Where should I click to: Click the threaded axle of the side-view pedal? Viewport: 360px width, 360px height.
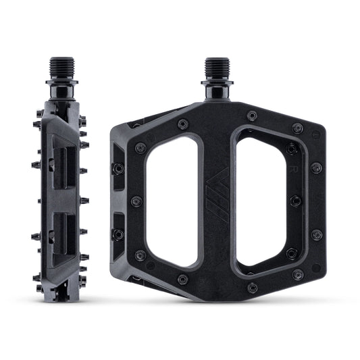(x=59, y=68)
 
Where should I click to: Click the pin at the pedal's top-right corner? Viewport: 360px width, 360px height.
(x=298, y=127)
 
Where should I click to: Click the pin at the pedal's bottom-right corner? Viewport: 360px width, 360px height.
(x=298, y=275)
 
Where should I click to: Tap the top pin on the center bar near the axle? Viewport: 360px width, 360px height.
(x=251, y=115)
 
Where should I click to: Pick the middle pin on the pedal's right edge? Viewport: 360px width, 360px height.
(x=315, y=201)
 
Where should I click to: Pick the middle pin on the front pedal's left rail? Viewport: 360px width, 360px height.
(x=136, y=201)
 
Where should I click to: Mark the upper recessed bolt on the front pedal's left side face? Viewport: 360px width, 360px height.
(x=119, y=168)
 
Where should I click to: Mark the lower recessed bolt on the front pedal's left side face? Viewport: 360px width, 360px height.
(x=119, y=234)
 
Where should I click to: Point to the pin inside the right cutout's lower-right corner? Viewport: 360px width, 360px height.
(x=291, y=254)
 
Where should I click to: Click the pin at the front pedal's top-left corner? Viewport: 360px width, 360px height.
(x=183, y=124)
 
